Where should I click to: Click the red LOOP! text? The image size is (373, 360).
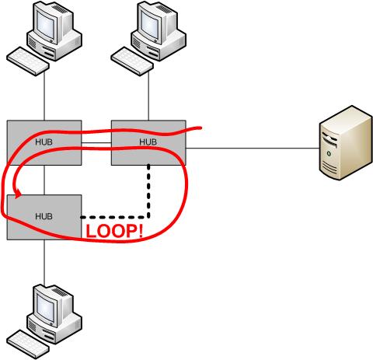[114, 232]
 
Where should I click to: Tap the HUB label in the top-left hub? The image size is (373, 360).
[44, 142]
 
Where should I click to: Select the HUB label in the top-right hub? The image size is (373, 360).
[148, 142]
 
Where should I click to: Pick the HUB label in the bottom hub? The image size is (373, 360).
[44, 216]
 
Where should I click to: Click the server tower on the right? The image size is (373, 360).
[346, 142]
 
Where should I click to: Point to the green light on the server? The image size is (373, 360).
[329, 154]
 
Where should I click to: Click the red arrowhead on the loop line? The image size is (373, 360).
[19, 194]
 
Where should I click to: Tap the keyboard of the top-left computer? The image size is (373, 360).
[28, 61]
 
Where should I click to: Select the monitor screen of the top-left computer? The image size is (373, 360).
[46, 25]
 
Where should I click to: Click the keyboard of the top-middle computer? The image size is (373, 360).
[132, 61]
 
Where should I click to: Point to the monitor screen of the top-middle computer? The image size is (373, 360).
[150, 25]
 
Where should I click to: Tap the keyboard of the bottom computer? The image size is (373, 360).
[28, 344]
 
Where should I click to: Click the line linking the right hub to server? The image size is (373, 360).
[253, 149]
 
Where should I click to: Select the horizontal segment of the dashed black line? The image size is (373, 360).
[115, 217]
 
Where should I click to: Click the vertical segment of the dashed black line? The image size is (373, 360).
[148, 190]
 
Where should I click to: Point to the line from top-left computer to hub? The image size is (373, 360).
[44, 96]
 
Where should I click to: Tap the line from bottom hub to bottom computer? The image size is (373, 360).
[44, 262]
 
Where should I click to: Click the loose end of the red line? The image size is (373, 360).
[201, 128]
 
